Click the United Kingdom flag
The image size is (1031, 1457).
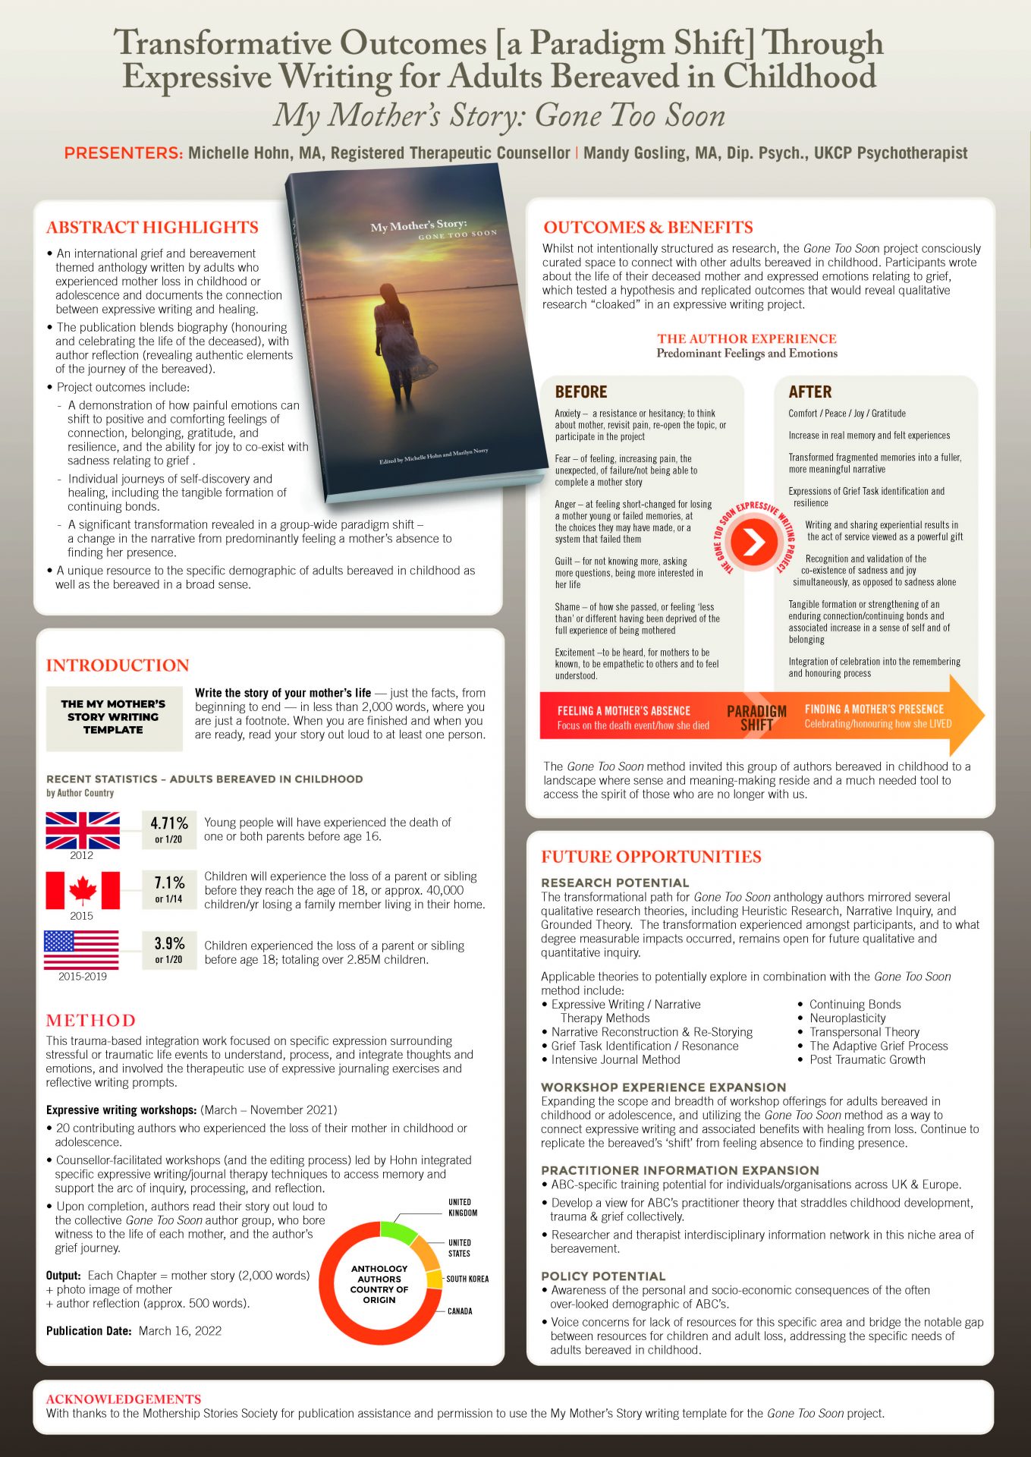pyautogui.click(x=83, y=830)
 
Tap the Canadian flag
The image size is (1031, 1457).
pyautogui.click(x=83, y=890)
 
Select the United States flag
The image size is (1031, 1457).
pyautogui.click(x=81, y=950)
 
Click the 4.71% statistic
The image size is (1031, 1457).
pyautogui.click(x=169, y=824)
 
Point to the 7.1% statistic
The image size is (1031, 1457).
pyautogui.click(x=169, y=883)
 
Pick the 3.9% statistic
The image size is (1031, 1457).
pyautogui.click(x=169, y=944)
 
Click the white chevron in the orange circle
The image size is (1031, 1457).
pyautogui.click(x=753, y=542)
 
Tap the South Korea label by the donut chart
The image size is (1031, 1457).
pyautogui.click(x=467, y=1279)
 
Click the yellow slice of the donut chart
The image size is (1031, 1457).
pyautogui.click(x=435, y=1279)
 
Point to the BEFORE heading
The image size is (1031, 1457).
pyautogui.click(x=581, y=392)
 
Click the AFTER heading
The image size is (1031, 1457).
pyautogui.click(x=810, y=392)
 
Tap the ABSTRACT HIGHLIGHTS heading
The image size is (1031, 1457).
pyautogui.click(x=152, y=227)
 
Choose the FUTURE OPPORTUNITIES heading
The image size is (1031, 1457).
pyautogui.click(x=651, y=857)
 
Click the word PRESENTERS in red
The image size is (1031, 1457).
pyautogui.click(x=124, y=153)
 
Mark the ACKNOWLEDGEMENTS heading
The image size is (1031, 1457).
pyautogui.click(x=124, y=1399)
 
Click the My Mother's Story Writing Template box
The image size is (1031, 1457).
pyautogui.click(x=114, y=717)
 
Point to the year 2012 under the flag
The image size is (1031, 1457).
pyautogui.click(x=82, y=855)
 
